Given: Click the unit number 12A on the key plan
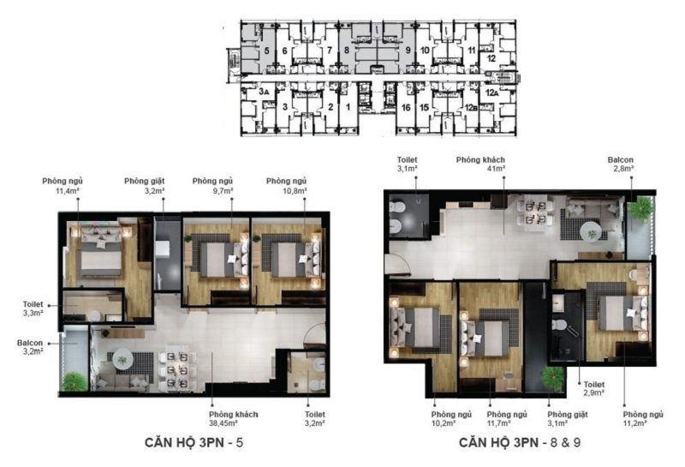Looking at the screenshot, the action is pos(491,93).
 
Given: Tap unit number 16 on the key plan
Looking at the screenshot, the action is pos(406,107).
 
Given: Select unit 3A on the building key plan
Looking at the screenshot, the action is pos(263,92).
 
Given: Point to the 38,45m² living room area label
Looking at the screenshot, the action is pos(233,418).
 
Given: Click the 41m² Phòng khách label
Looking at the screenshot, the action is pos(480,164).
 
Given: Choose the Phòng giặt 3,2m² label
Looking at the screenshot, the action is pos(144,185).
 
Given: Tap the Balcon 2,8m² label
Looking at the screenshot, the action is pos(620,164).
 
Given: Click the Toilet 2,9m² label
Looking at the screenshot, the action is pos(594,388).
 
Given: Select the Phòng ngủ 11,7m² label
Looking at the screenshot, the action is pos(507,418).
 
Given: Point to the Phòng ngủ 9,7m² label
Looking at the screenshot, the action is pos(212,185).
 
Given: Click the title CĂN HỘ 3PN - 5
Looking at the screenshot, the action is pos(194,442).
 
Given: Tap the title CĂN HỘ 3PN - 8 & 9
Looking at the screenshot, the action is pos(520,442).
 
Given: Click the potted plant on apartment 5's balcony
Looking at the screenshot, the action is pos(74,381).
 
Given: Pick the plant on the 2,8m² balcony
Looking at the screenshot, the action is pos(641,209).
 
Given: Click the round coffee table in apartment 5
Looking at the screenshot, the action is pos(122,360).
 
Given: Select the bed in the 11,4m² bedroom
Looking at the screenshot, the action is pos(101,250).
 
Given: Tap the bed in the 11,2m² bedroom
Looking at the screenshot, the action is pos(622,313).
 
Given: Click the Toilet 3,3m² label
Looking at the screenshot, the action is pos(33,308).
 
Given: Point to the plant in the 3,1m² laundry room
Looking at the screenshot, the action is pos(552,378).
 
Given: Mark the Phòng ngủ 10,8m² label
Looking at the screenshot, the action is pos(287,185).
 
